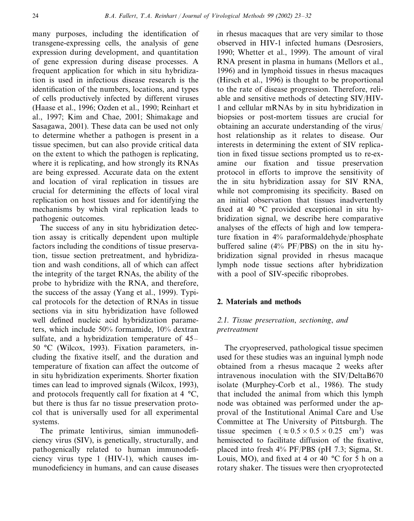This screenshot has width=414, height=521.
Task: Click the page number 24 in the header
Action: tap(36, 16)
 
